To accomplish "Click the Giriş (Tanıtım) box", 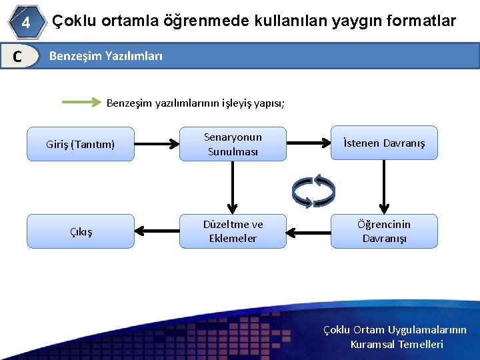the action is [x=81, y=143].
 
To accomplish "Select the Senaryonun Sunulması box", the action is [x=233, y=144].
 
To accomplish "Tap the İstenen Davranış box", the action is [x=384, y=143].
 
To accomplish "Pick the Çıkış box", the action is [x=81, y=231].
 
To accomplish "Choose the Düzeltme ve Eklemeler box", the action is [x=233, y=231].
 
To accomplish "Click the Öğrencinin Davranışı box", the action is [x=384, y=231].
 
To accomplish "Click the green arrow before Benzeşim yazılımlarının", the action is [x=81, y=103].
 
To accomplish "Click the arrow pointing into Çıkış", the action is [x=157, y=231].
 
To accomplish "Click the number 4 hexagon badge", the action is [x=25, y=22].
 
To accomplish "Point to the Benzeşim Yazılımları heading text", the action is [x=106, y=56].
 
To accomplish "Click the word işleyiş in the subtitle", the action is [x=231, y=103].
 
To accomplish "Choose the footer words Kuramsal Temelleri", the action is [x=397, y=345].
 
